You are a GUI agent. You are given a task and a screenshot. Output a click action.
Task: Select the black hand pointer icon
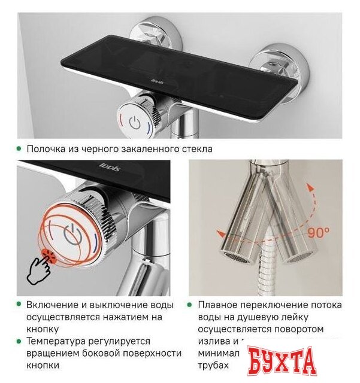(x=40, y=267)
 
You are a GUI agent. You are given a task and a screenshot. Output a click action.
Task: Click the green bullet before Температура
(x=20, y=341)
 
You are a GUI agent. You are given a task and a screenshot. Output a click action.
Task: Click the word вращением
(x=51, y=353)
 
